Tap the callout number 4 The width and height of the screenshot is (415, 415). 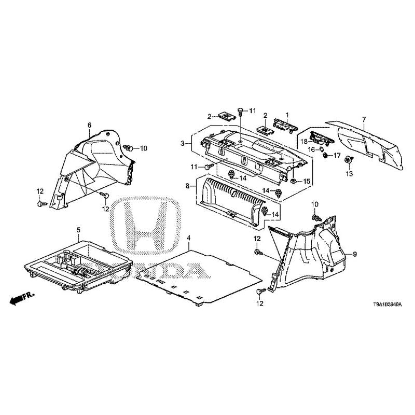point(189,239)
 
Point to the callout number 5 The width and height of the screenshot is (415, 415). point(79,229)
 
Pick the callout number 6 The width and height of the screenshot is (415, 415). point(89,125)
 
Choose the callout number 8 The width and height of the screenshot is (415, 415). point(187,185)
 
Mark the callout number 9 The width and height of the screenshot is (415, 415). point(355,254)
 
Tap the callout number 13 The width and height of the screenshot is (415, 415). point(349,173)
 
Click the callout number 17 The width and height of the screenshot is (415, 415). point(336,155)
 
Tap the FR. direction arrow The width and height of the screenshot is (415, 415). point(21,298)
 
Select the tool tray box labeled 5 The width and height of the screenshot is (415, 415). point(78,262)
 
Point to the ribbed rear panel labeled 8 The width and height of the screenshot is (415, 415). point(228,200)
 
